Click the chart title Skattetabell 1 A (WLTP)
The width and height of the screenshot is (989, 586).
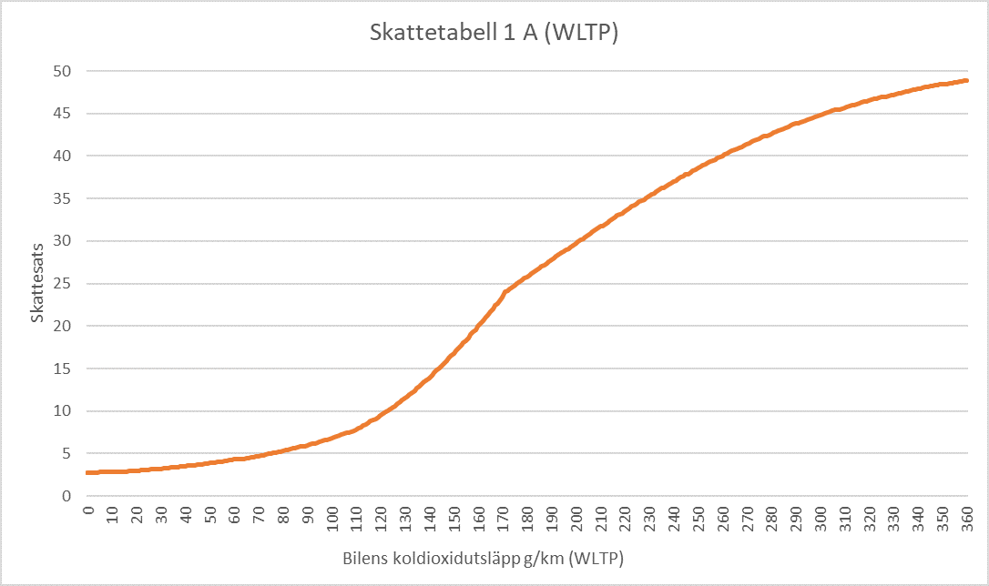pos(494,33)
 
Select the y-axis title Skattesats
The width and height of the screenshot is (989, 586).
pos(37,284)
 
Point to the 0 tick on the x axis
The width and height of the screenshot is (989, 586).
pos(88,510)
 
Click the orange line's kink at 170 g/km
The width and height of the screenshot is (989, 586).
pos(504,292)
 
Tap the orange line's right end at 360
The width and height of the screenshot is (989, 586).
pos(966,80)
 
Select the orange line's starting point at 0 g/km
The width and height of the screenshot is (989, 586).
pos(88,472)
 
